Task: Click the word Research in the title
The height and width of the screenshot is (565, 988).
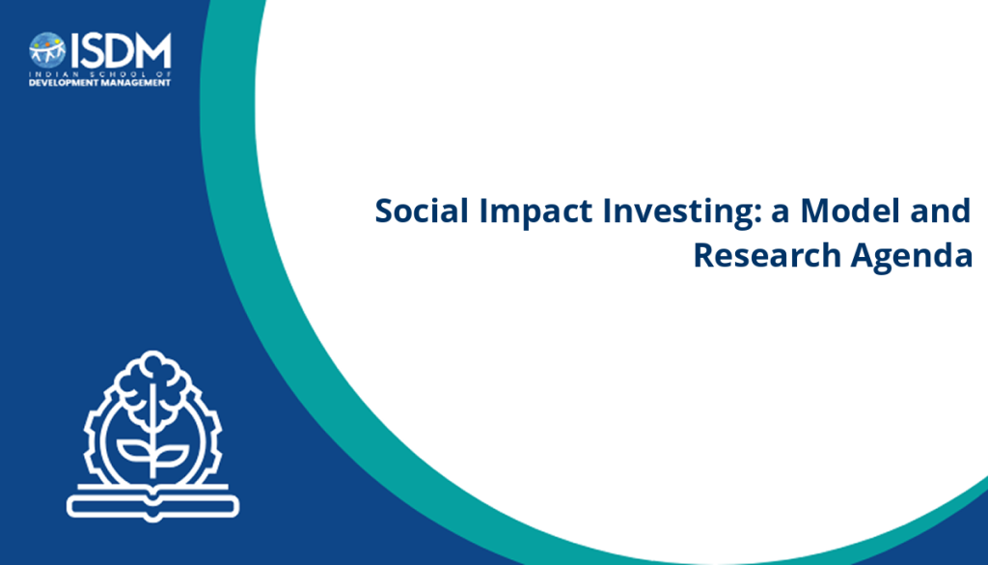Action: pos(767,255)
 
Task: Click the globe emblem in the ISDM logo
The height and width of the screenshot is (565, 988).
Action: pos(47,50)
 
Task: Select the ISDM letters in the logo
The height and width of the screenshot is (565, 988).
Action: pos(121,50)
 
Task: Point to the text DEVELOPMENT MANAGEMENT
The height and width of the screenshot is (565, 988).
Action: pos(99,83)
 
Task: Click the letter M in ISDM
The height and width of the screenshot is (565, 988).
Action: pos(154,50)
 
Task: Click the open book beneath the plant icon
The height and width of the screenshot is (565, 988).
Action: pos(152,503)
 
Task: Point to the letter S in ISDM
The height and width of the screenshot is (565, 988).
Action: pos(93,50)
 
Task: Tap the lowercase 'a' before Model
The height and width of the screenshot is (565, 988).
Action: pos(781,215)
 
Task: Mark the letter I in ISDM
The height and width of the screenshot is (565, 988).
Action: pos(74,50)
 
